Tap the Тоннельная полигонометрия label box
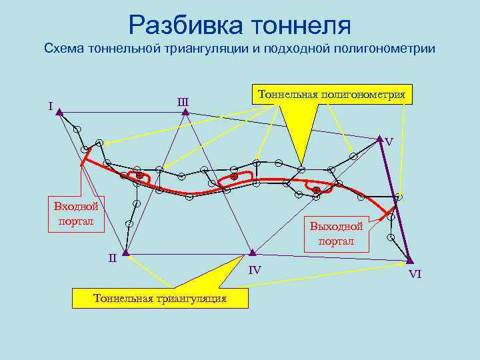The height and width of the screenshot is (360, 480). point(331,94)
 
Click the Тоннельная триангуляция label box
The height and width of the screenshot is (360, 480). point(160,298)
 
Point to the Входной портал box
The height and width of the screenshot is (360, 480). point(76,213)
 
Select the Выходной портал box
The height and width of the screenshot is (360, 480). point(336,234)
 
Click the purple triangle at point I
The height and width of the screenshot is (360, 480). point(60,113)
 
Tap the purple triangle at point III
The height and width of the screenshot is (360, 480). point(185,113)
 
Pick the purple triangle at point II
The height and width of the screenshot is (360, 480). point(125,253)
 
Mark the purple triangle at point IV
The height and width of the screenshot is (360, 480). point(253,253)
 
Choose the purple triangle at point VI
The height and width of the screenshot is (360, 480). point(410,260)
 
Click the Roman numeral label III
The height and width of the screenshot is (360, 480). point(183,102)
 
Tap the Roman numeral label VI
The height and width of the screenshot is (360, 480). point(415,274)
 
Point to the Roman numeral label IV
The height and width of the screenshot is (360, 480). point(255,270)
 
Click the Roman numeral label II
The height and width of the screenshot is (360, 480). point(113,257)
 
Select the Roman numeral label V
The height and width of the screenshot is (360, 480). point(389,142)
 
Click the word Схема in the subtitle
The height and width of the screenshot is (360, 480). point(62,49)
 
